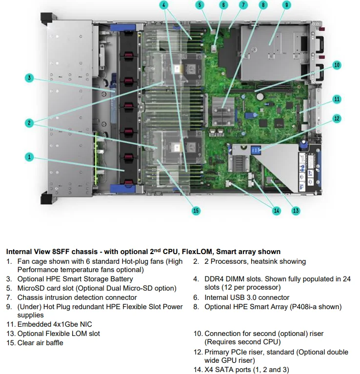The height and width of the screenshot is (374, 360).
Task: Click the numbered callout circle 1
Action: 29,157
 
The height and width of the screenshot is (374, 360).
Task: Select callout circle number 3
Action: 29,78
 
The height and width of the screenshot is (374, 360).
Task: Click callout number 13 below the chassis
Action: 296,211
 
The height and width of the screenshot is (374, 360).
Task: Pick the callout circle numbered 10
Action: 337,65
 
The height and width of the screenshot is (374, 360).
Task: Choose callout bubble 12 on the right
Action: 337,118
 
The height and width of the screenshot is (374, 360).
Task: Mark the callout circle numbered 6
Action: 223,5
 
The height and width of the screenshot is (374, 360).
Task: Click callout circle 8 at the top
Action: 263,5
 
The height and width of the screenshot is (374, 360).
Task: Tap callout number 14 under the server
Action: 277,211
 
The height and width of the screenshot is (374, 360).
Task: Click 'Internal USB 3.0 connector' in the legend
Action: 247,297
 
